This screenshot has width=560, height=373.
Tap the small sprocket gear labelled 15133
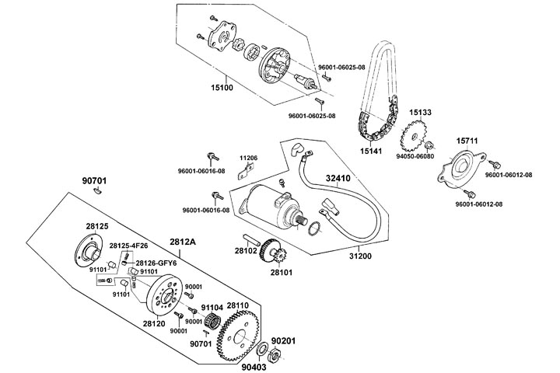click(x=418, y=141)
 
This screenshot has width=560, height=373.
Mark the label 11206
click(x=248, y=157)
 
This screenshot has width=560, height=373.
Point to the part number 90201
click(x=284, y=340)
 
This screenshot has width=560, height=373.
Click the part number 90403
click(x=254, y=367)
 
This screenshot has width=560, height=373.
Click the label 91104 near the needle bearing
click(x=212, y=307)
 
